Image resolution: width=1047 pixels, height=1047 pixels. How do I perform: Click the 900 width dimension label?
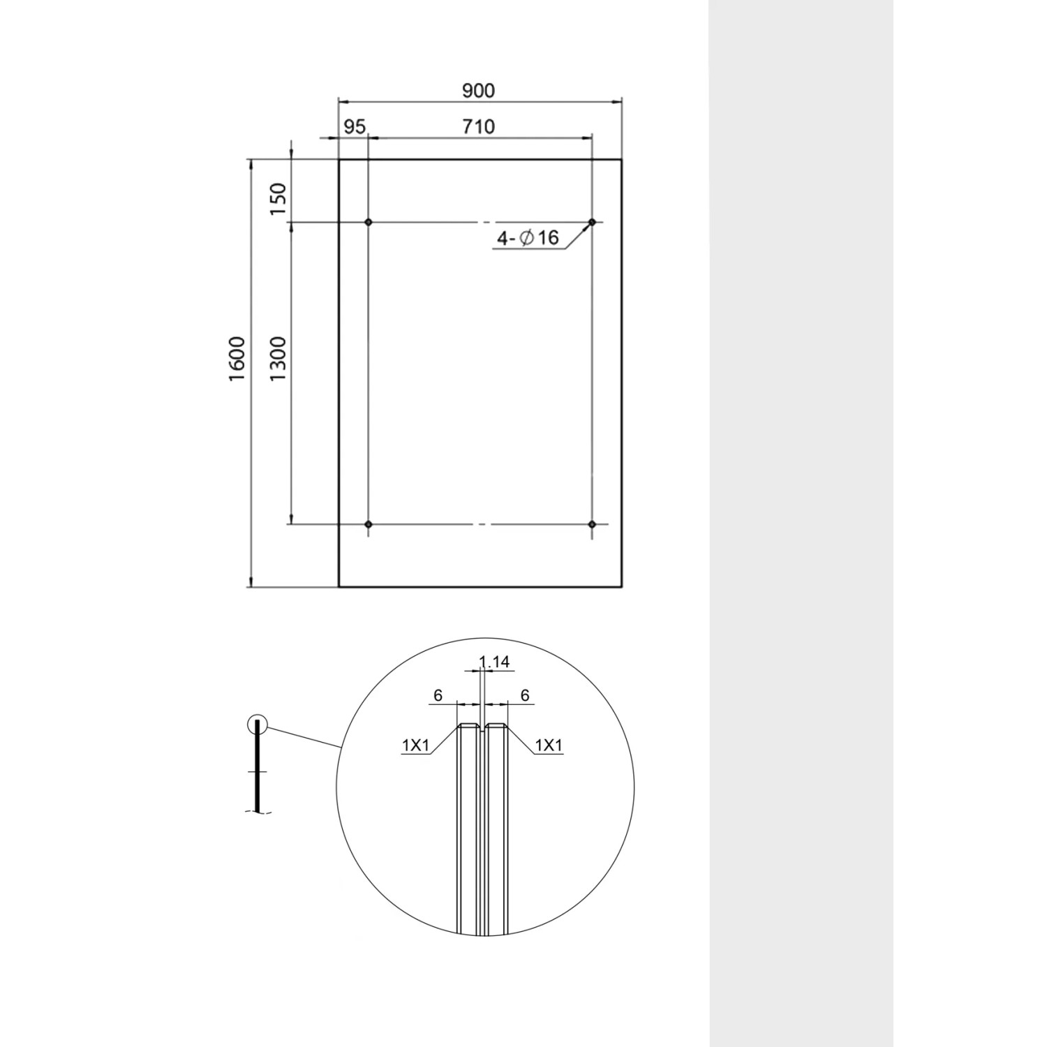tap(478, 91)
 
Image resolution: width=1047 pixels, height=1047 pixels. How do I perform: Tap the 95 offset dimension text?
tap(355, 127)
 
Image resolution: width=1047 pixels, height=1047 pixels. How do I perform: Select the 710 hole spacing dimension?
tap(478, 126)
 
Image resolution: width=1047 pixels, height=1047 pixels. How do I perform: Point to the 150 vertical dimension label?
tap(279, 199)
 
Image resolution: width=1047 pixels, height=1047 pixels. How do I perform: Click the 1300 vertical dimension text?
tap(279, 358)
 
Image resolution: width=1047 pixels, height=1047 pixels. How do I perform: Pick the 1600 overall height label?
tap(237, 358)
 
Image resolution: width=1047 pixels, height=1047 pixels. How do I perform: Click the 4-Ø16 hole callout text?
tap(528, 238)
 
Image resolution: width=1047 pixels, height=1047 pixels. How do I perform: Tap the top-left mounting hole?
tap(369, 222)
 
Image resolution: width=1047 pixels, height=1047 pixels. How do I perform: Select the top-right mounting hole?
tap(592, 222)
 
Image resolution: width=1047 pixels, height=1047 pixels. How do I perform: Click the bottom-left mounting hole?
tap(369, 523)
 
